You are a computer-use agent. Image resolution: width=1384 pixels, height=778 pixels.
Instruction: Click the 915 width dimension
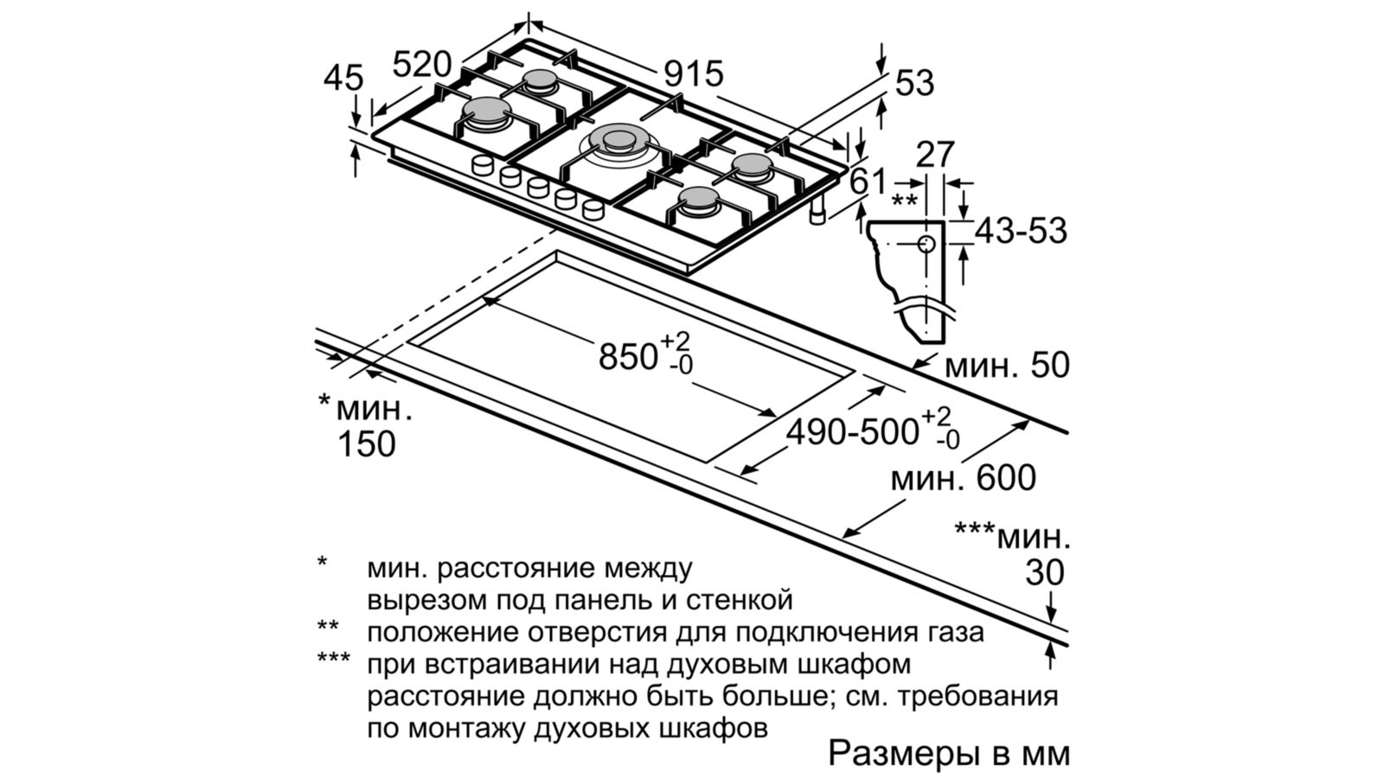[693, 73]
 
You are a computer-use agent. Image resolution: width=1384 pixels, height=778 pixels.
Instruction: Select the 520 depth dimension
[422, 65]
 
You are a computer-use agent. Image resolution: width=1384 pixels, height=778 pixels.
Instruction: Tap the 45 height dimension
[343, 79]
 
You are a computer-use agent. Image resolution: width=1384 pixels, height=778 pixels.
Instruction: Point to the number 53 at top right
[915, 83]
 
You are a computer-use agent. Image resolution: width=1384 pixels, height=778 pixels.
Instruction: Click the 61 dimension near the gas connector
[868, 182]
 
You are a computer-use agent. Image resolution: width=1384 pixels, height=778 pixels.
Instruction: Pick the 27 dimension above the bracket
[934, 155]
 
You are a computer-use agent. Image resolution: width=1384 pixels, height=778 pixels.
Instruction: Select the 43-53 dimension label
[1021, 231]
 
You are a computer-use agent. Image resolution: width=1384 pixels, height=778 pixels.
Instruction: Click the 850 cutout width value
[630, 355]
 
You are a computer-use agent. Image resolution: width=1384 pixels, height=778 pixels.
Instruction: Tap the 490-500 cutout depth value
[852, 431]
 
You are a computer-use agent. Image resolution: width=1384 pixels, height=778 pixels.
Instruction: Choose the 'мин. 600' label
[963, 478]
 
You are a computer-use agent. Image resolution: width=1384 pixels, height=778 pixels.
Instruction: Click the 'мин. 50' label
[1007, 366]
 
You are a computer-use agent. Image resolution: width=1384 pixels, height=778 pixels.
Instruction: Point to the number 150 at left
[366, 444]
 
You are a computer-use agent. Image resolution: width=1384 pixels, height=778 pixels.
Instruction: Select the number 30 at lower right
[1045, 572]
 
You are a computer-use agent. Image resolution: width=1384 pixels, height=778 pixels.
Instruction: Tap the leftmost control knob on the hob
[482, 166]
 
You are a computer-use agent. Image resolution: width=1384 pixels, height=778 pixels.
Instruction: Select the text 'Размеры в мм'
[949, 753]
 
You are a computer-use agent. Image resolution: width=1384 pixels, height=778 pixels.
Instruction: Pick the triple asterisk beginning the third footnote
[334, 662]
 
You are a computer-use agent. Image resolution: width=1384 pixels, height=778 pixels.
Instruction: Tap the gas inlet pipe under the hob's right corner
[817, 215]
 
